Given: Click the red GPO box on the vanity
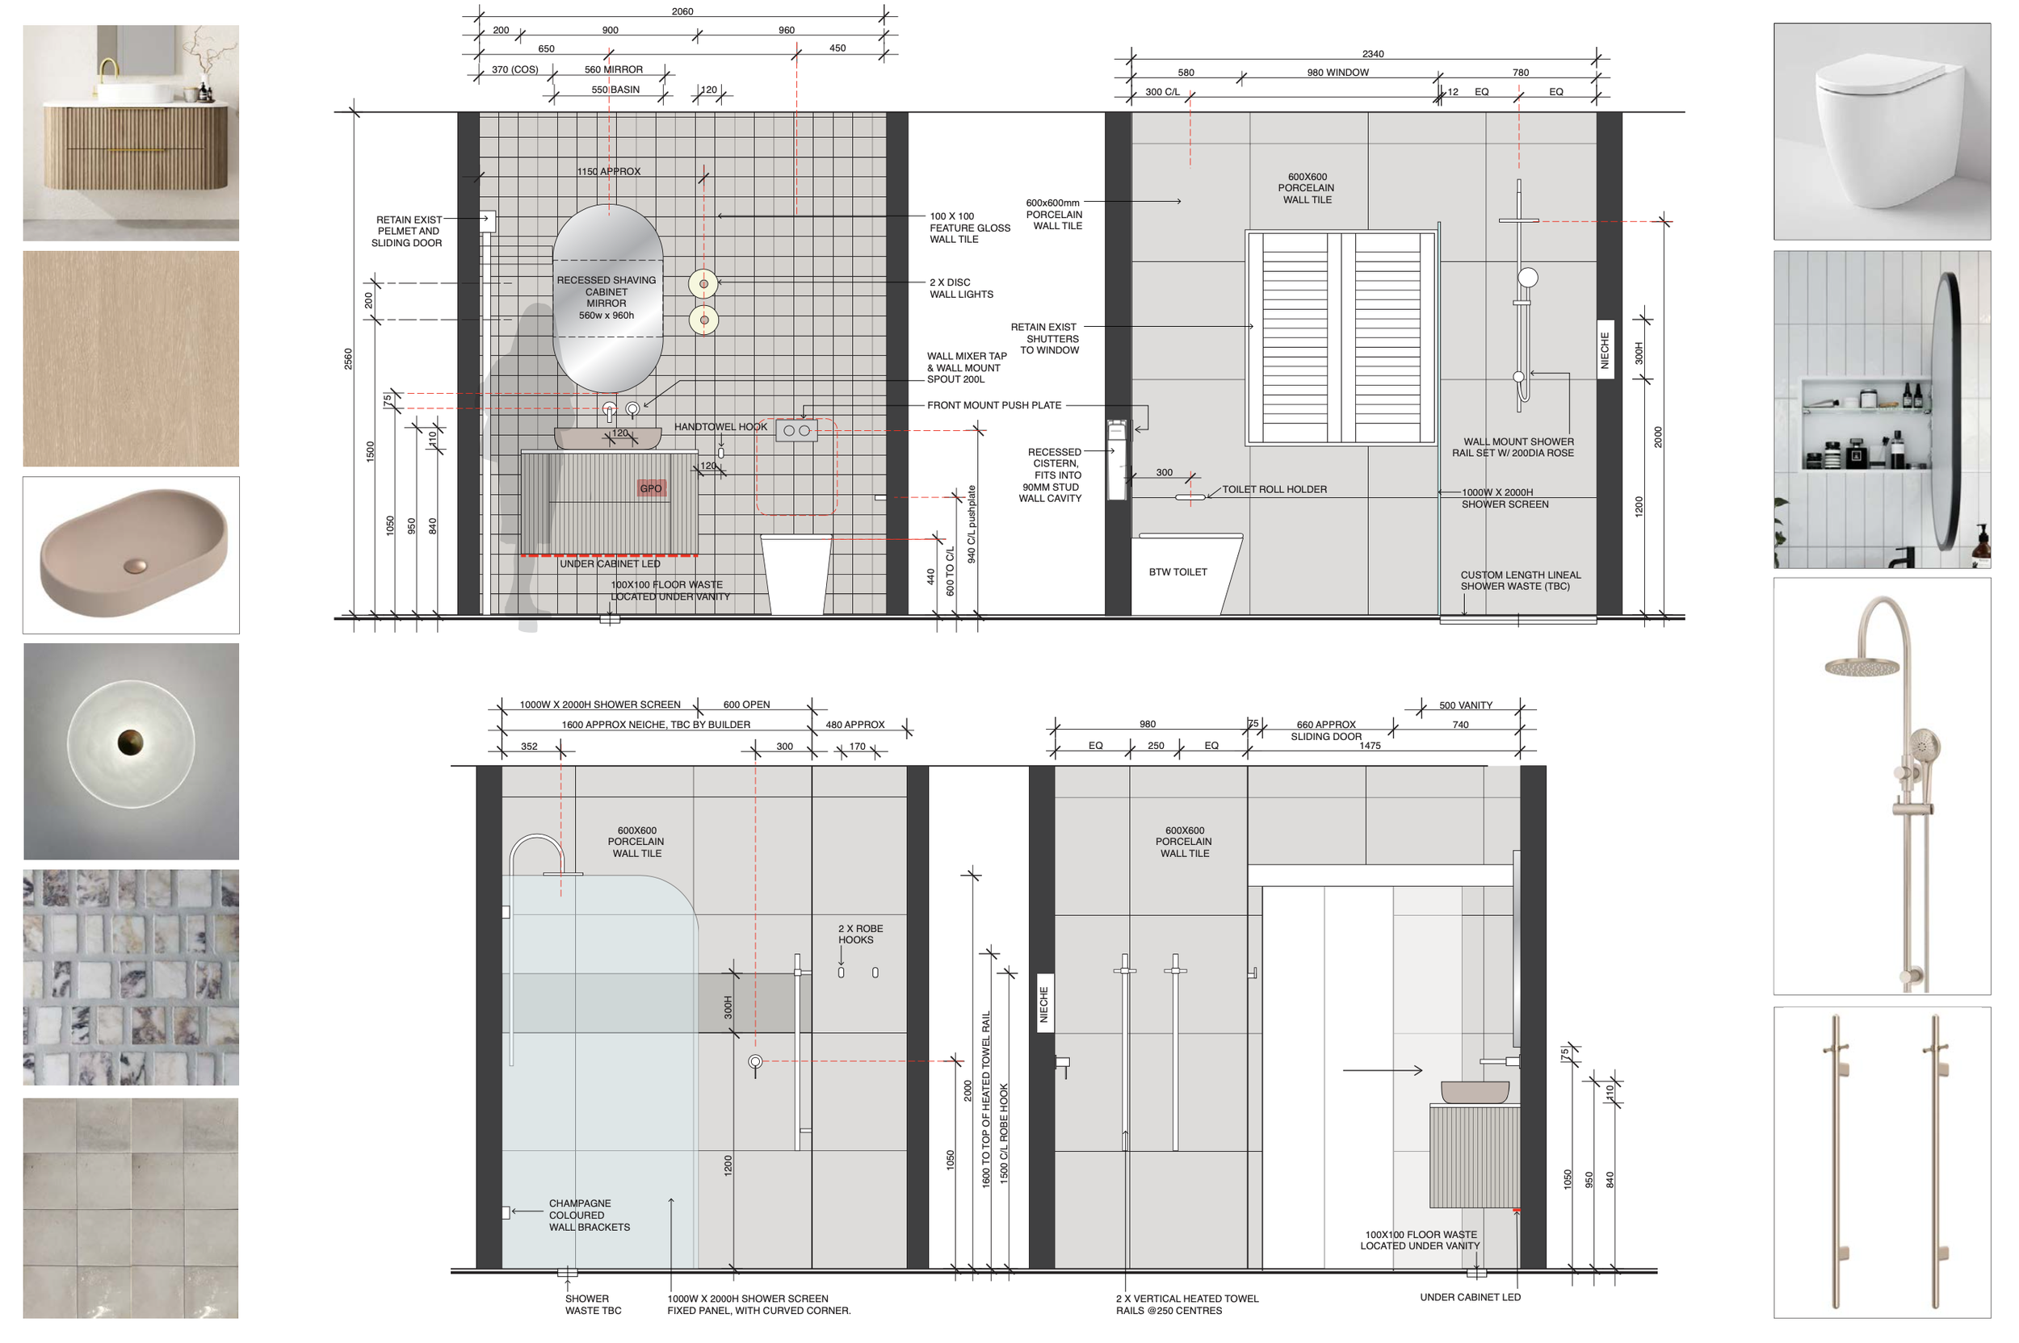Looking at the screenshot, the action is (651, 488).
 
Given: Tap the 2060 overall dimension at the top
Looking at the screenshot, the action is (682, 11).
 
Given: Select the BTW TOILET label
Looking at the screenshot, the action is (1177, 572).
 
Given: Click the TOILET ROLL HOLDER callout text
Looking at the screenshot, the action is (1274, 490).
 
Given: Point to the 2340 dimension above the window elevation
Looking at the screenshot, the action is (1373, 54).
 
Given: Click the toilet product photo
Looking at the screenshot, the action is (1881, 131).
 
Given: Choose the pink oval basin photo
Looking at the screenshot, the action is (131, 555).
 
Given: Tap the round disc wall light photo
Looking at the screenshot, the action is (131, 751).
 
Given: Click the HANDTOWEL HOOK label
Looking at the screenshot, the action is (720, 426).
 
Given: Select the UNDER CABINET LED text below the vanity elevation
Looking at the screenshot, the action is (609, 563).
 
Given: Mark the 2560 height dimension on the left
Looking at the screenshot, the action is (348, 358).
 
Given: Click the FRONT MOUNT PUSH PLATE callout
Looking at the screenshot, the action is (994, 405).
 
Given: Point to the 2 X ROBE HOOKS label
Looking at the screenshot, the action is (859, 934).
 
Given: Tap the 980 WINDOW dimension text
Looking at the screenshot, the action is (1337, 73).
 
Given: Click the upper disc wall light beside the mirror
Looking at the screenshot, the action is (703, 283).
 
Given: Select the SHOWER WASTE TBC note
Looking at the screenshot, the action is (592, 1304).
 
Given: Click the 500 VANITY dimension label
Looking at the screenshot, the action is (1466, 705).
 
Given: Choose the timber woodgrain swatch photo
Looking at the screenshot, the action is (131, 358).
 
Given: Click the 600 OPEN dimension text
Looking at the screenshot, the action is (746, 705).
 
